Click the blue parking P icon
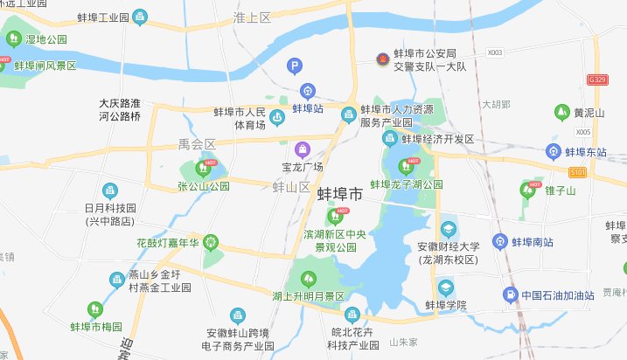click(x=296, y=65)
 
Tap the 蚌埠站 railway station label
click(x=308, y=109)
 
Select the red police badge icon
click(x=380, y=59)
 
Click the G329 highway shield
click(x=598, y=80)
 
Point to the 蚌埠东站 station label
click(x=585, y=151)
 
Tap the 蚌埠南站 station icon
click(x=499, y=241)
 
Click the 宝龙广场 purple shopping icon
click(x=303, y=149)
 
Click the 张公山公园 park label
click(x=203, y=186)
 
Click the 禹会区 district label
click(x=196, y=143)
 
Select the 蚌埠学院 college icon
click(x=446, y=287)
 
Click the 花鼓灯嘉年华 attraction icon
click(x=210, y=242)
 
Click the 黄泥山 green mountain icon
click(x=561, y=112)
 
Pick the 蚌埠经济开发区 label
click(x=437, y=139)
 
